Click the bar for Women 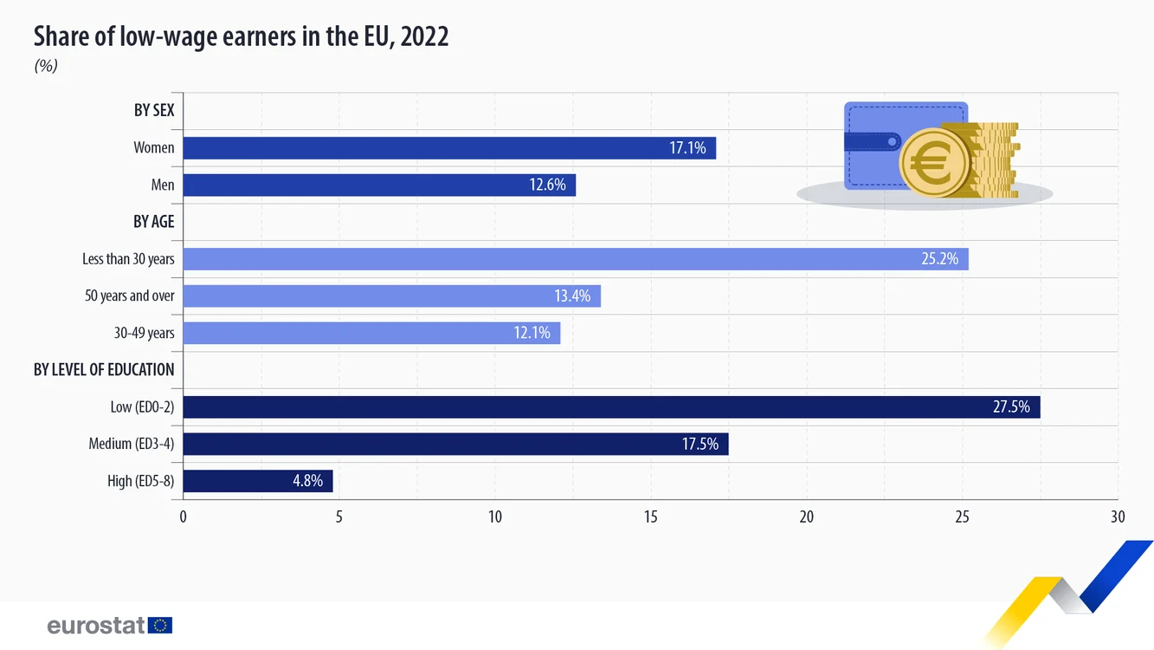tap(449, 148)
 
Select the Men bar tap(379, 185)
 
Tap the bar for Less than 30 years tap(576, 259)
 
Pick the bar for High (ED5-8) tap(258, 481)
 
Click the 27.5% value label tap(1011, 407)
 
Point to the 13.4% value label tap(572, 296)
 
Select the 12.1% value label tap(532, 333)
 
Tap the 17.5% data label tap(700, 444)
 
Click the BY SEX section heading tap(154, 110)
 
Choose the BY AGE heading tap(153, 222)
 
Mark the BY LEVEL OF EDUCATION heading tap(104, 370)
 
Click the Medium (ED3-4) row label tap(132, 444)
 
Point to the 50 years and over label tap(129, 296)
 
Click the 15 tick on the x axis tap(651, 517)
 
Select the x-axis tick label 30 tap(1118, 517)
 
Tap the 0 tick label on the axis tap(183, 517)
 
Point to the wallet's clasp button tap(892, 142)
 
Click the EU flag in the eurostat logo tap(160, 625)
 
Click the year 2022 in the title tap(424, 36)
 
